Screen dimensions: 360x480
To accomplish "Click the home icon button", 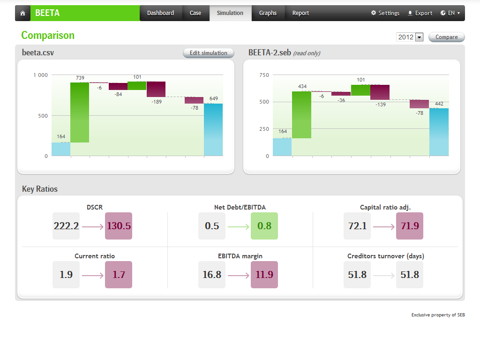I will pyautogui.click(x=22, y=13).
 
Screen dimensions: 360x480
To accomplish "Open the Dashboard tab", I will pyautogui.click(x=160, y=13).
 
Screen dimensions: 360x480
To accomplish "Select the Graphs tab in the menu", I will pyautogui.click(x=268, y=13).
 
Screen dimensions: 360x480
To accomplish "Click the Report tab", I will pyautogui.click(x=300, y=13).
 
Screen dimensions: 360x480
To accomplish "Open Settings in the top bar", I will pyautogui.click(x=385, y=13).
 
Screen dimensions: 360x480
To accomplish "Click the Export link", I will pyautogui.click(x=420, y=13).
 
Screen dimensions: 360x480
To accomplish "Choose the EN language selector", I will pyautogui.click(x=450, y=13).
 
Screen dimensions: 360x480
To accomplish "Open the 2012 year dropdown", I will pyautogui.click(x=410, y=37).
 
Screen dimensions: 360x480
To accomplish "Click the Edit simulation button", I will pyautogui.click(x=208, y=53).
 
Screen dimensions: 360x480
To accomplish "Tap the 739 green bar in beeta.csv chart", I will pyautogui.click(x=80, y=112).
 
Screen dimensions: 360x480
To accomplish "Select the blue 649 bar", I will pyautogui.click(x=213, y=129).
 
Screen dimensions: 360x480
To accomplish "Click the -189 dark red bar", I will pyautogui.click(x=156, y=89).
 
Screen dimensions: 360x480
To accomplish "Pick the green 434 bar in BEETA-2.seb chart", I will pyautogui.click(x=301, y=115).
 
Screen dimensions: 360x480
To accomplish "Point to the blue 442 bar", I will pyautogui.click(x=439, y=132).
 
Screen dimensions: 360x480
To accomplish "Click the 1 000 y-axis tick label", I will pyautogui.click(x=40, y=75).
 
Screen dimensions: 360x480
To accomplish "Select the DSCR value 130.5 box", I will pyautogui.click(x=119, y=226).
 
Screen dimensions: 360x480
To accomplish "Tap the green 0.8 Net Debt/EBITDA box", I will pyautogui.click(x=264, y=226).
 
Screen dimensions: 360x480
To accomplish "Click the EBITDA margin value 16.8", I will pyautogui.click(x=212, y=275).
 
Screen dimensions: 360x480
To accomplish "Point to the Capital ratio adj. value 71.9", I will pyautogui.click(x=410, y=226).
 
